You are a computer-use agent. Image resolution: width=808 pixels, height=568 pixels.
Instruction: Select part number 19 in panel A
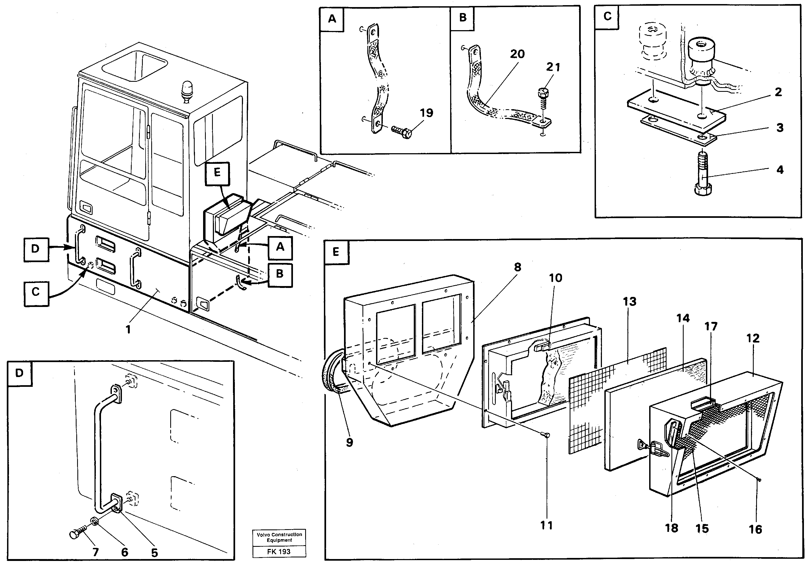coord(426,113)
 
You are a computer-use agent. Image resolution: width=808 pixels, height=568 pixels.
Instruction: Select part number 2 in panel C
coord(778,92)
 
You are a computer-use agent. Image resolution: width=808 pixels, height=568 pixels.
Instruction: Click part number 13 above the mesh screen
coord(629,302)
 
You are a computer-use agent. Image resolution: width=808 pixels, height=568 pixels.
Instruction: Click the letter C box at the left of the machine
coord(36,292)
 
